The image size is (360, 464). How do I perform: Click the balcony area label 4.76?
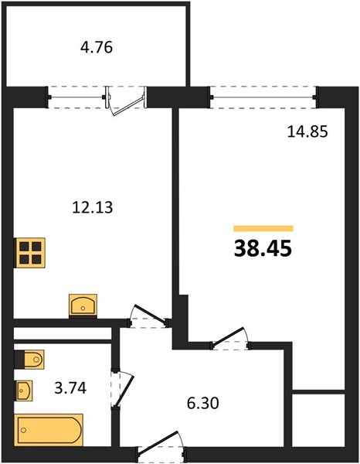(97, 47)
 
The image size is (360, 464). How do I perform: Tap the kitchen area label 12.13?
(93, 207)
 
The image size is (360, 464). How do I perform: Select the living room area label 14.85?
(307, 131)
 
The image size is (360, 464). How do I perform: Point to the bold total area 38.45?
(263, 248)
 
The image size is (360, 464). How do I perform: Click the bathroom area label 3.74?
(70, 387)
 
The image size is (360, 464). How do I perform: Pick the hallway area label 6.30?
(203, 403)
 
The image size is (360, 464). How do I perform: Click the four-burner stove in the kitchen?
(30, 253)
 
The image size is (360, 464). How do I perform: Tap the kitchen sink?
(83, 305)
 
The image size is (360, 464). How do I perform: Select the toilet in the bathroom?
(29, 360)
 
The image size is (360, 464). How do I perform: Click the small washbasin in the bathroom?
(24, 391)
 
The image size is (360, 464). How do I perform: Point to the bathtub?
(48, 430)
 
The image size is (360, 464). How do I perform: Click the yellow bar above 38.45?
(263, 228)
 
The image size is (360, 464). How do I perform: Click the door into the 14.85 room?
(230, 338)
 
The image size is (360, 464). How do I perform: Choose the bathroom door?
(122, 388)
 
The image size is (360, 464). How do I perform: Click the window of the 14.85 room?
(263, 97)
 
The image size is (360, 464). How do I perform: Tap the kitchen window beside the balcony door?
(76, 97)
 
